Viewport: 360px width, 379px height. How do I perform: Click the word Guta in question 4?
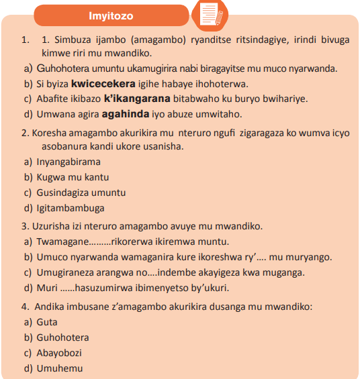click(47, 323)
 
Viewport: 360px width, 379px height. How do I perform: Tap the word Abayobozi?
click(59, 353)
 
